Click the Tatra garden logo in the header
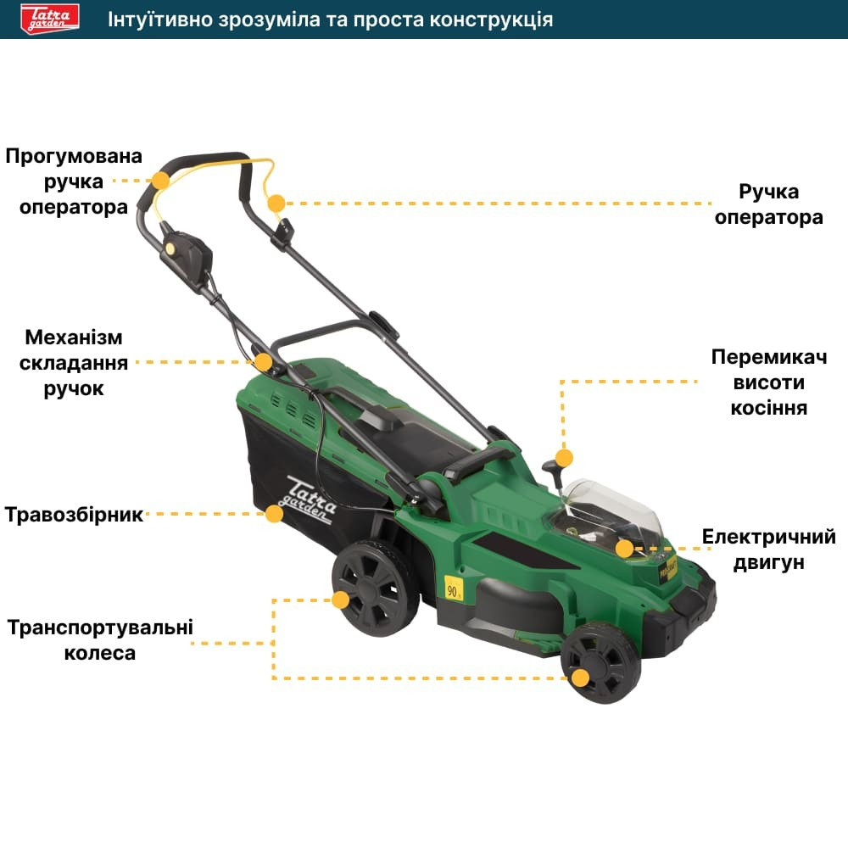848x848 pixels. point(50,19)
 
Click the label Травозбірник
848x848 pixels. point(74,515)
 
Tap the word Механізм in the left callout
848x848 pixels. point(74,337)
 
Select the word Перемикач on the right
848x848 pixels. point(768,357)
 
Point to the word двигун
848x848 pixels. point(768,562)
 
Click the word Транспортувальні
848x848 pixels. point(100,628)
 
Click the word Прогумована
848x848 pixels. point(74,156)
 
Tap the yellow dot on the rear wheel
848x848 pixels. point(341,600)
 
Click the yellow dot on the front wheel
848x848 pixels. point(580,678)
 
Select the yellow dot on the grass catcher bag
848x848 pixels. point(274,513)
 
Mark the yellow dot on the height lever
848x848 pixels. point(564,458)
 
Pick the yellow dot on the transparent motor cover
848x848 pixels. point(625,549)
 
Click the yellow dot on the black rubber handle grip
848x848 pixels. point(160,180)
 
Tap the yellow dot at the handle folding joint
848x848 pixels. point(264,362)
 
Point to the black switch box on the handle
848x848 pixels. point(186,259)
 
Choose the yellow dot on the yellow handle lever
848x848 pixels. point(276,204)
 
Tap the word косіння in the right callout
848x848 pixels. point(768,408)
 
